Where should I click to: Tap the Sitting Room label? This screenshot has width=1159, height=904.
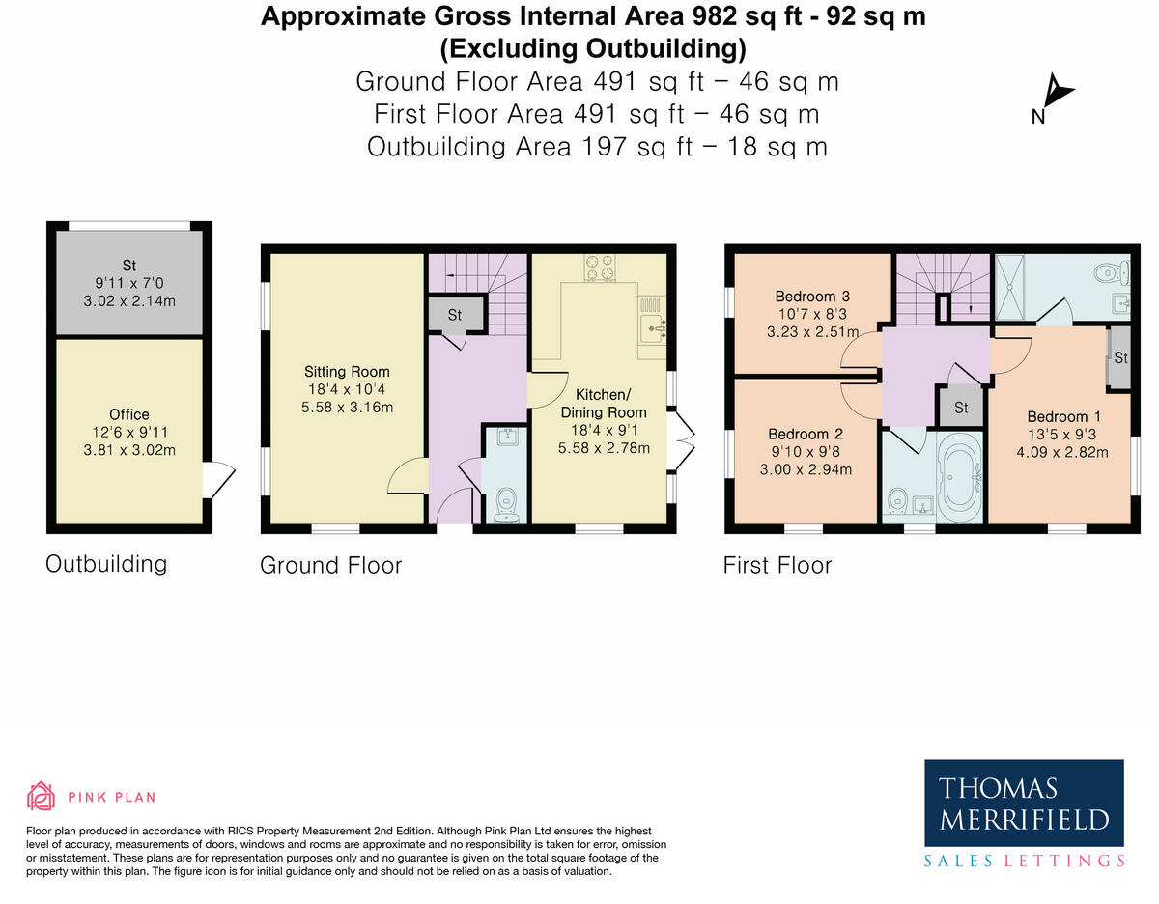[x=333, y=372]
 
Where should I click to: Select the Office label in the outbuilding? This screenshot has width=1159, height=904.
[x=129, y=414]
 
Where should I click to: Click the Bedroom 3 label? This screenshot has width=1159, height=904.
[x=812, y=296]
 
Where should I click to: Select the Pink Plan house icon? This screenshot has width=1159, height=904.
[x=41, y=796]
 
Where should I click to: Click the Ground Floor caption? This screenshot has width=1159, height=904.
[x=330, y=565]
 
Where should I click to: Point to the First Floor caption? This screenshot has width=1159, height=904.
[x=777, y=565]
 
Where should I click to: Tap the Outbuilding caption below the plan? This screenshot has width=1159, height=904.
[x=106, y=564]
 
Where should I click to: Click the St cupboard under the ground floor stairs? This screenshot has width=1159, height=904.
[x=454, y=315]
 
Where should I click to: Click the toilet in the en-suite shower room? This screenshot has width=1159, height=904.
[x=1107, y=273]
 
